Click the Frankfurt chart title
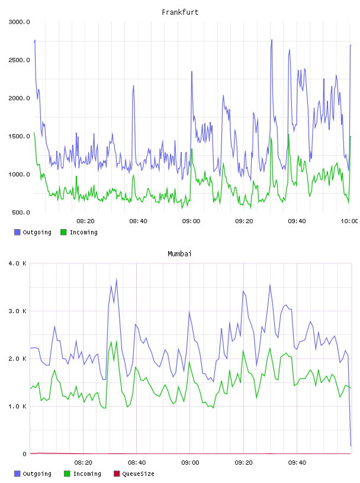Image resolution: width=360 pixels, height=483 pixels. [180, 12]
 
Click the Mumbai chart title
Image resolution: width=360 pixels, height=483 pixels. [179, 253]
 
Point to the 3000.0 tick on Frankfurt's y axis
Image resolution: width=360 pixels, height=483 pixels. [19, 22]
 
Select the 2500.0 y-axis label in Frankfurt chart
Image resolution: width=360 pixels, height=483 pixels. [19, 60]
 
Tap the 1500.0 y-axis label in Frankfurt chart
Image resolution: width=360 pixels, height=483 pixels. [19, 137]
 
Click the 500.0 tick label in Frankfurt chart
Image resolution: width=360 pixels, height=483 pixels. [21, 212]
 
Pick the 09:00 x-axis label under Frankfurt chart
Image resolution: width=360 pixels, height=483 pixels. [191, 221]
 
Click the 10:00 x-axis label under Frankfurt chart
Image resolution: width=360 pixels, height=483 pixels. [349, 221]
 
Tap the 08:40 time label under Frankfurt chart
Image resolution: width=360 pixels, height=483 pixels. [138, 221]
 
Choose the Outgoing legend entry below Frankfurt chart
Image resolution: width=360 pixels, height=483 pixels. [33, 232]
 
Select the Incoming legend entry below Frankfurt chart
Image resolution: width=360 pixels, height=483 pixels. [79, 232]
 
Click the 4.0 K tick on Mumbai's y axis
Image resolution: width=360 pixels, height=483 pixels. [18, 263]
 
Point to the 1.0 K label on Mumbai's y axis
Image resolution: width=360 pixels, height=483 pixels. [18, 406]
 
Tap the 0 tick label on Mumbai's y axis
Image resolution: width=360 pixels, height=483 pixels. [25, 454]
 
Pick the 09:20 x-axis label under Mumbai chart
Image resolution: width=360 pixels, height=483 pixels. [243, 462]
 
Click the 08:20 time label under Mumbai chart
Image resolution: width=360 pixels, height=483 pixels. [83, 462]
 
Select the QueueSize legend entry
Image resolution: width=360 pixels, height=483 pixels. [134, 474]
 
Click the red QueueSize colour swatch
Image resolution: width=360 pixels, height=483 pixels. [117, 474]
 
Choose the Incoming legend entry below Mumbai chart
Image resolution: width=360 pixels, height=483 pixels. [83, 474]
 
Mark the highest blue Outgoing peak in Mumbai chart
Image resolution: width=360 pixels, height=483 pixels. [117, 279]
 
